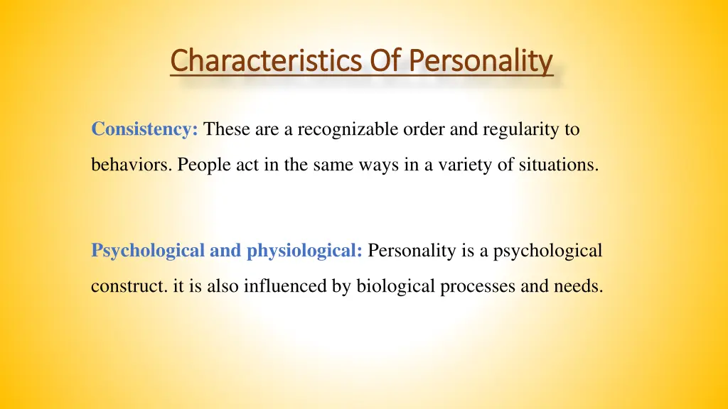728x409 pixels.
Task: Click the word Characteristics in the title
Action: point(267,60)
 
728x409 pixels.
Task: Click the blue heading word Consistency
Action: point(144,130)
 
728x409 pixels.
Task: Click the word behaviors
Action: point(132,165)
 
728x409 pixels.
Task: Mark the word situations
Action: point(559,165)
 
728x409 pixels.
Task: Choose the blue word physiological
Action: point(305,251)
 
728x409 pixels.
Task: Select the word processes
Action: point(470,286)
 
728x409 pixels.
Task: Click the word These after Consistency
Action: point(224,130)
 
